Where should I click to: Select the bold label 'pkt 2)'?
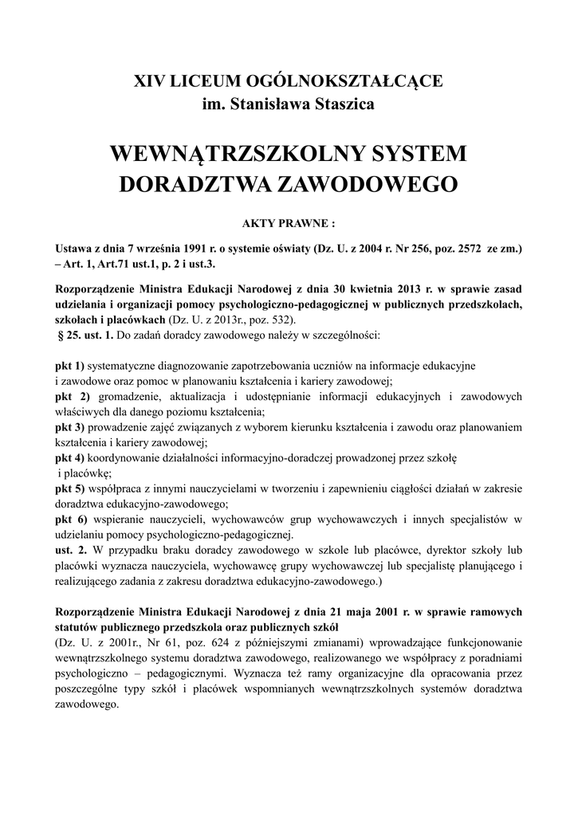(x=73, y=396)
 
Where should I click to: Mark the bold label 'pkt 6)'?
(x=73, y=520)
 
